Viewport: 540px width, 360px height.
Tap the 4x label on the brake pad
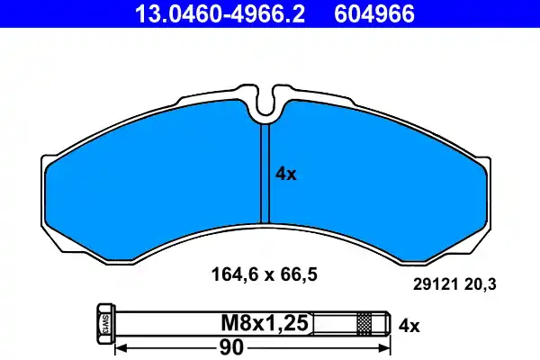285,175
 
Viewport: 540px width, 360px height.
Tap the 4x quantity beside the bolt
409,322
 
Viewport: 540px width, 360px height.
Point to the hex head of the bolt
103,322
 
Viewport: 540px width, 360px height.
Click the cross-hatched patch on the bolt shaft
364,322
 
